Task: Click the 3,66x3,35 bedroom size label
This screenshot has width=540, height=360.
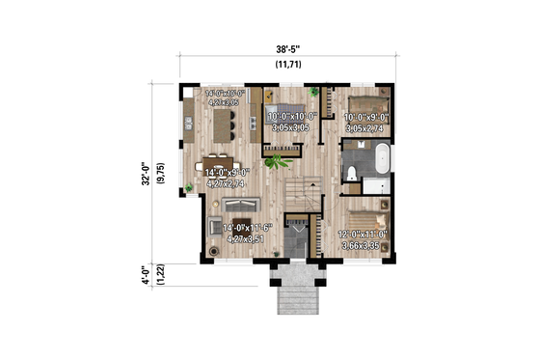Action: point(363,244)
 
